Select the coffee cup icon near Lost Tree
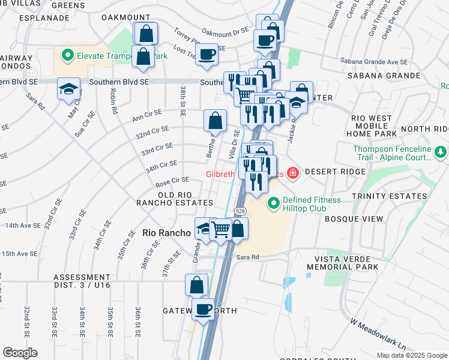207,55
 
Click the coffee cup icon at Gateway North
203,309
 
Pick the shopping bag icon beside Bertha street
215,121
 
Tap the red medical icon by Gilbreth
292,174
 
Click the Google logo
20,352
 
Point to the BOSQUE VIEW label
354,219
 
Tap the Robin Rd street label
112,99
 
